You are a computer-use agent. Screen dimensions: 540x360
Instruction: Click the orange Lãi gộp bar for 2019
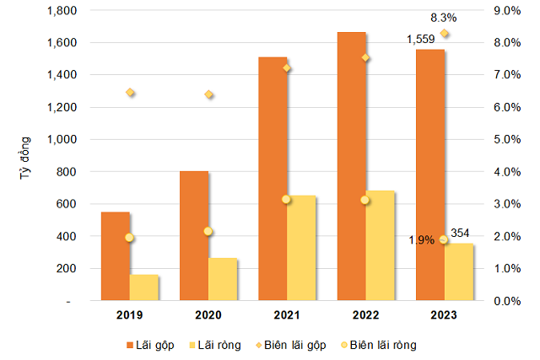[x=116, y=256]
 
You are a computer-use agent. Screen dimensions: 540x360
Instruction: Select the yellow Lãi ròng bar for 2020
[x=223, y=279]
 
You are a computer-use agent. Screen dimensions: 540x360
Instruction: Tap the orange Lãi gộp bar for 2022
[x=352, y=166]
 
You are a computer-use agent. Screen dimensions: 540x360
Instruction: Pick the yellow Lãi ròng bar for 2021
[x=301, y=248]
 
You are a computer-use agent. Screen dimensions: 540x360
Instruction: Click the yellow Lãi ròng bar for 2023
[x=459, y=271]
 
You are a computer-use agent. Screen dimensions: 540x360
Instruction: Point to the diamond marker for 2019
[x=130, y=92]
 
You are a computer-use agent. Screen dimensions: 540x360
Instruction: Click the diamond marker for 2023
[x=445, y=34]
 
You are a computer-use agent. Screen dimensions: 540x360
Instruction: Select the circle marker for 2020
[x=208, y=231]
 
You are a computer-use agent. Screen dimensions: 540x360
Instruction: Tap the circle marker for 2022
[x=365, y=200]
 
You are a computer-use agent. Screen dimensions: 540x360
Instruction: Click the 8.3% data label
[x=444, y=18]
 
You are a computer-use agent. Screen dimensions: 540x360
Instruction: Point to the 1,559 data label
[x=420, y=40]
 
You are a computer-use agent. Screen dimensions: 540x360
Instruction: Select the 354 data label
[x=460, y=233]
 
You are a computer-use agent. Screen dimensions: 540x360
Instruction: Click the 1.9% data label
[x=422, y=240]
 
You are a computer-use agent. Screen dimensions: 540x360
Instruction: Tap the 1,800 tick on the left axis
[x=62, y=11]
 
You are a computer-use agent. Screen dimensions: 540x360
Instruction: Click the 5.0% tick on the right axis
[x=507, y=139]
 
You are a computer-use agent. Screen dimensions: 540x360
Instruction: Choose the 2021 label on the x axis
[x=287, y=315]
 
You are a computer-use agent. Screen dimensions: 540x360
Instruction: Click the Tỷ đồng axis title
[x=25, y=158]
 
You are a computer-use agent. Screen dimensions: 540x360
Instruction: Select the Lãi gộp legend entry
[x=150, y=345]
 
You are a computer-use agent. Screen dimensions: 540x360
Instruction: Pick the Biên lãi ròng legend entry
[x=379, y=345]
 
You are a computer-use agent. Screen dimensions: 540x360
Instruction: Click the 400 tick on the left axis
[x=67, y=236]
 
